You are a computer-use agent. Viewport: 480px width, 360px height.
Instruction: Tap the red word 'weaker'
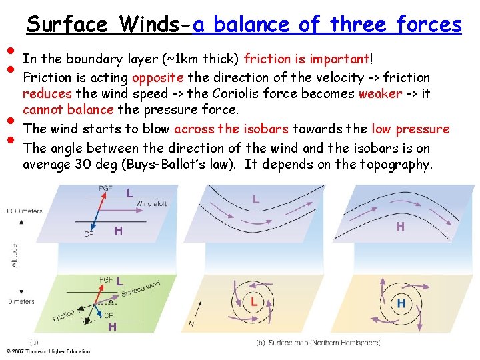click(380, 93)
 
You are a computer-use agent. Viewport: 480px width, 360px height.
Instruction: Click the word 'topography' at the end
click(393, 164)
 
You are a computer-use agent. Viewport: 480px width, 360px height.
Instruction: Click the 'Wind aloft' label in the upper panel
click(151, 203)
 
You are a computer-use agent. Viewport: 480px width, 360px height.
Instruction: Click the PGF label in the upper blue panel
click(105, 189)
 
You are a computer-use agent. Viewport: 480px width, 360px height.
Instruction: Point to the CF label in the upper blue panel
click(88, 233)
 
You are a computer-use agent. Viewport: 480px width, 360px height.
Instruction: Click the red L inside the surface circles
click(254, 303)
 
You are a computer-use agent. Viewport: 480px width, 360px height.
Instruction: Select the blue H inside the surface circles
click(401, 303)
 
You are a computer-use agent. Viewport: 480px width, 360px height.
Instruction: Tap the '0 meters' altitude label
click(20, 302)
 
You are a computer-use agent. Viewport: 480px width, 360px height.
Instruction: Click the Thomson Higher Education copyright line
click(48, 351)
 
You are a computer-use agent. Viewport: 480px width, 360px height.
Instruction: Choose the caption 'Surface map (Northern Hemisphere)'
click(319, 343)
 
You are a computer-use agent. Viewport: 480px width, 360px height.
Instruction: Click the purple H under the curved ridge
click(400, 227)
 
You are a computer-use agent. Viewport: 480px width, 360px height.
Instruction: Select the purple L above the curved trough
click(256, 198)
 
